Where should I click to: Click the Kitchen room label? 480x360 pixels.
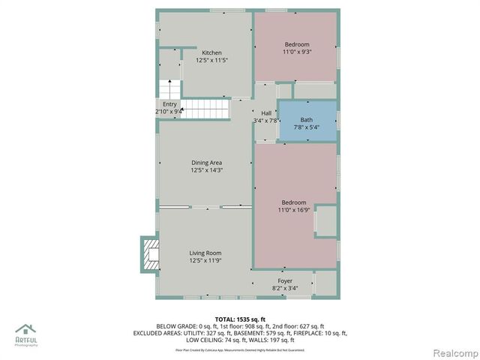coord(211,52)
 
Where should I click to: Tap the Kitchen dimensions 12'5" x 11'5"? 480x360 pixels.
coord(211,60)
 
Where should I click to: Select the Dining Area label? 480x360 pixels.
coord(206,163)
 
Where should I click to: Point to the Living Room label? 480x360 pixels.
coord(205,253)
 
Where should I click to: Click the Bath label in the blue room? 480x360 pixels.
coord(307,120)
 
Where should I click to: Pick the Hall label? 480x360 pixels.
coord(266,112)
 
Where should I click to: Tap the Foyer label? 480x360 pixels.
coord(285,280)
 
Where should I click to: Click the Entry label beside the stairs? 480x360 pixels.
coord(169,104)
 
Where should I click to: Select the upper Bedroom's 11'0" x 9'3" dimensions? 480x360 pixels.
coord(296,52)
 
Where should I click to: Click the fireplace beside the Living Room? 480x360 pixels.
coord(151,254)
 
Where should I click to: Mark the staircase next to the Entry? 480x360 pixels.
coord(204,108)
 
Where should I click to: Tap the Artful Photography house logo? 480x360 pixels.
coord(26,331)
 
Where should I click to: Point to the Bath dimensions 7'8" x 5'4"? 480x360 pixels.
coord(307,127)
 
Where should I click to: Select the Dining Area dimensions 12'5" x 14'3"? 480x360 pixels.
coord(206,170)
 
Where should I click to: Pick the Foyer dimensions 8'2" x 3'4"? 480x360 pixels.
coord(285,288)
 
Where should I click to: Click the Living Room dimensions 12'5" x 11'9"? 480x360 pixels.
coord(205,261)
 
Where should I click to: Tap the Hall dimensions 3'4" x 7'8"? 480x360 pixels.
coord(266,120)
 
